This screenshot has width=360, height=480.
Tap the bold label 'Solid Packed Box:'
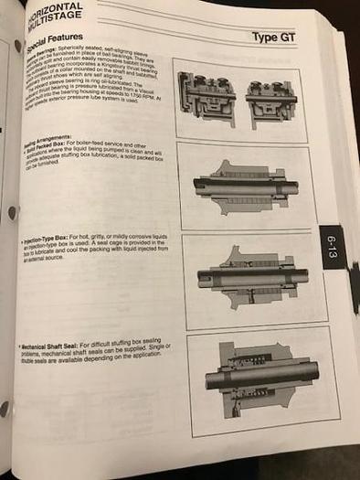pos(56,152)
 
